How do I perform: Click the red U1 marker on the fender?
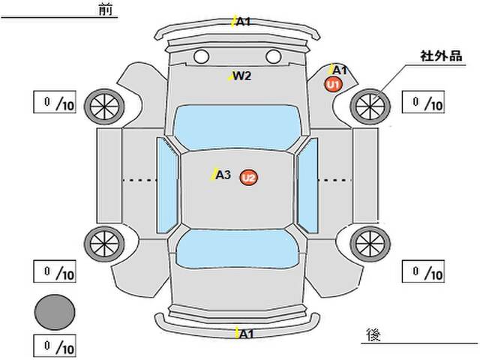tap(333, 84)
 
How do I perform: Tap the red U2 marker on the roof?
tap(248, 178)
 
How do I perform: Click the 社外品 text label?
tap(441, 56)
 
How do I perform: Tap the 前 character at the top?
tap(106, 9)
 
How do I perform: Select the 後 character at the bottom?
tap(373, 334)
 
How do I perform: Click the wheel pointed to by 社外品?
tap(370, 106)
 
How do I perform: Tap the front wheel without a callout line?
tap(104, 106)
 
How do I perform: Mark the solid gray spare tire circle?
tap(55, 312)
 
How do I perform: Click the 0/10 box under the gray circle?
tap(55, 346)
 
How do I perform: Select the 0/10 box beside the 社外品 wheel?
tap(423, 102)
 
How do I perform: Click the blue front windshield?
tap(237, 127)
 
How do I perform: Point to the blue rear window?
tap(237, 249)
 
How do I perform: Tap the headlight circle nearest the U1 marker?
tap(273, 57)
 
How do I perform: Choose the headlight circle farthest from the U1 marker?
tap(202, 57)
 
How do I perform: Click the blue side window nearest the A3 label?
tap(167, 185)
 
